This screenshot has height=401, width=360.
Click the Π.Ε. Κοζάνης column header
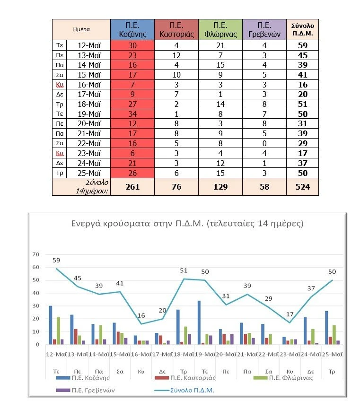click(x=132, y=29)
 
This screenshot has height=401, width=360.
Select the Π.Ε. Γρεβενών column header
click(x=264, y=29)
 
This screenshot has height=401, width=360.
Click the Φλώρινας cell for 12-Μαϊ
click(x=220, y=45)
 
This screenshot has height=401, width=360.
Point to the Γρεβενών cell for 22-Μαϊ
click(x=264, y=143)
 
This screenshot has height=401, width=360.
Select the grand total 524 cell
click(x=302, y=187)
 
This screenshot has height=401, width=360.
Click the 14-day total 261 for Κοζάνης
click(x=132, y=187)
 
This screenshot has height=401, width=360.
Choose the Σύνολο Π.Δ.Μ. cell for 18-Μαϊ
click(x=302, y=104)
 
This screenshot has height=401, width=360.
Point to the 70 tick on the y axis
click(x=35, y=254)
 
